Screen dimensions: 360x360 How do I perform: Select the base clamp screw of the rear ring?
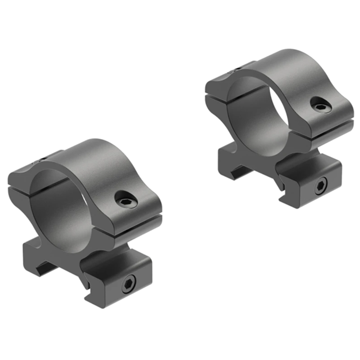(320, 186)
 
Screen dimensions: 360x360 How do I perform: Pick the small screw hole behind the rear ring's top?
(236, 70)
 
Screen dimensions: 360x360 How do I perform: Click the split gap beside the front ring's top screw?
(139, 222)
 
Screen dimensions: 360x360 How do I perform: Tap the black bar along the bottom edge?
(180, 344)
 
